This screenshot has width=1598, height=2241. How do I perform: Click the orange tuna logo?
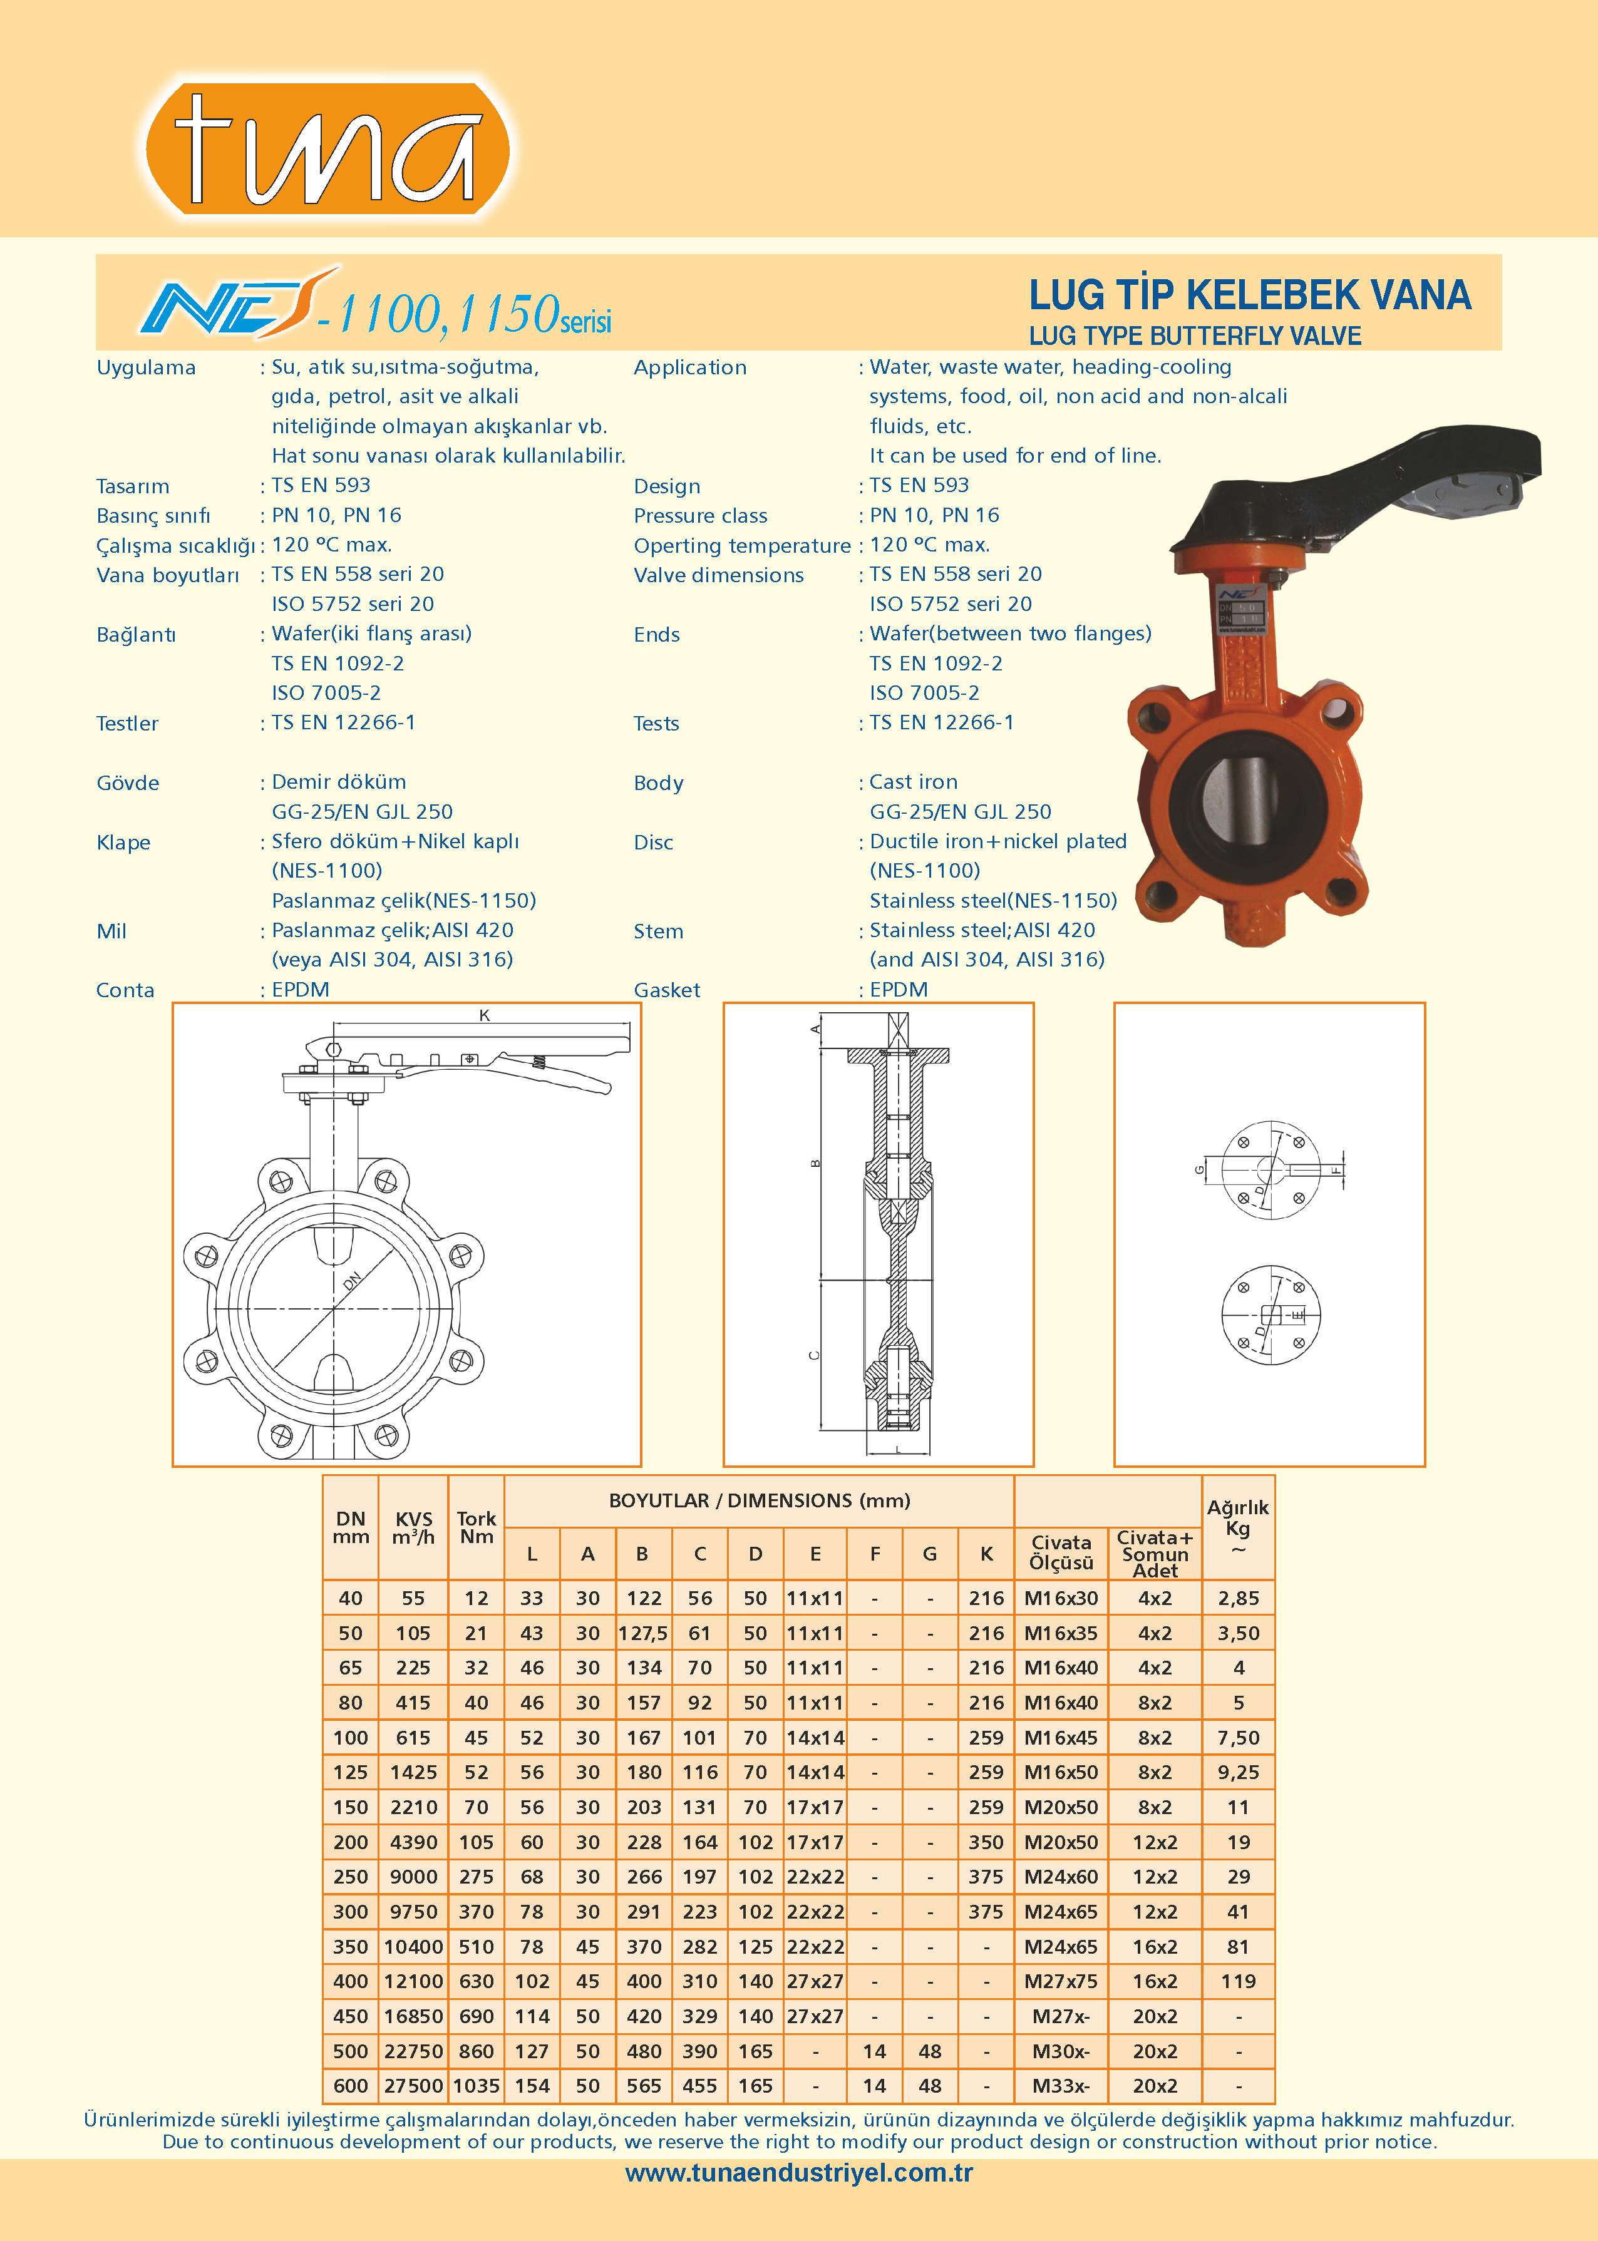(327, 150)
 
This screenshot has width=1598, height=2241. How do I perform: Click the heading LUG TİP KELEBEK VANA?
(1250, 295)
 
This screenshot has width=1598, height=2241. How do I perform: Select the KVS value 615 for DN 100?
(413, 1737)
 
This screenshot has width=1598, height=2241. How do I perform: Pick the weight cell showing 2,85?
(1238, 1597)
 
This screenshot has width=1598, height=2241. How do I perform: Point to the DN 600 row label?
(350, 2086)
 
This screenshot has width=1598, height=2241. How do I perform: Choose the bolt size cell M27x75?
(1061, 1981)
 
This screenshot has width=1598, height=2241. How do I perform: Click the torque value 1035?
(477, 2086)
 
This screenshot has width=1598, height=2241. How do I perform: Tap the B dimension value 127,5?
(642, 1633)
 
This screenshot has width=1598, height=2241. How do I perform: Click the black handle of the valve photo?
(1378, 482)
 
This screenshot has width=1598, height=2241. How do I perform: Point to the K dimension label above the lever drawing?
(484, 1015)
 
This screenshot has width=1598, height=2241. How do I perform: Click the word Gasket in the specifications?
(667, 990)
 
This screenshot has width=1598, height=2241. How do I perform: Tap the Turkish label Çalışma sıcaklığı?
(175, 545)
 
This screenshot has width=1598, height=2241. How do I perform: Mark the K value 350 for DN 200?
(986, 1842)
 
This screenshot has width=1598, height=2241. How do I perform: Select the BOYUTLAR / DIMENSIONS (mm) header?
(759, 1500)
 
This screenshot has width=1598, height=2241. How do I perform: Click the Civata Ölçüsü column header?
(1061, 1552)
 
